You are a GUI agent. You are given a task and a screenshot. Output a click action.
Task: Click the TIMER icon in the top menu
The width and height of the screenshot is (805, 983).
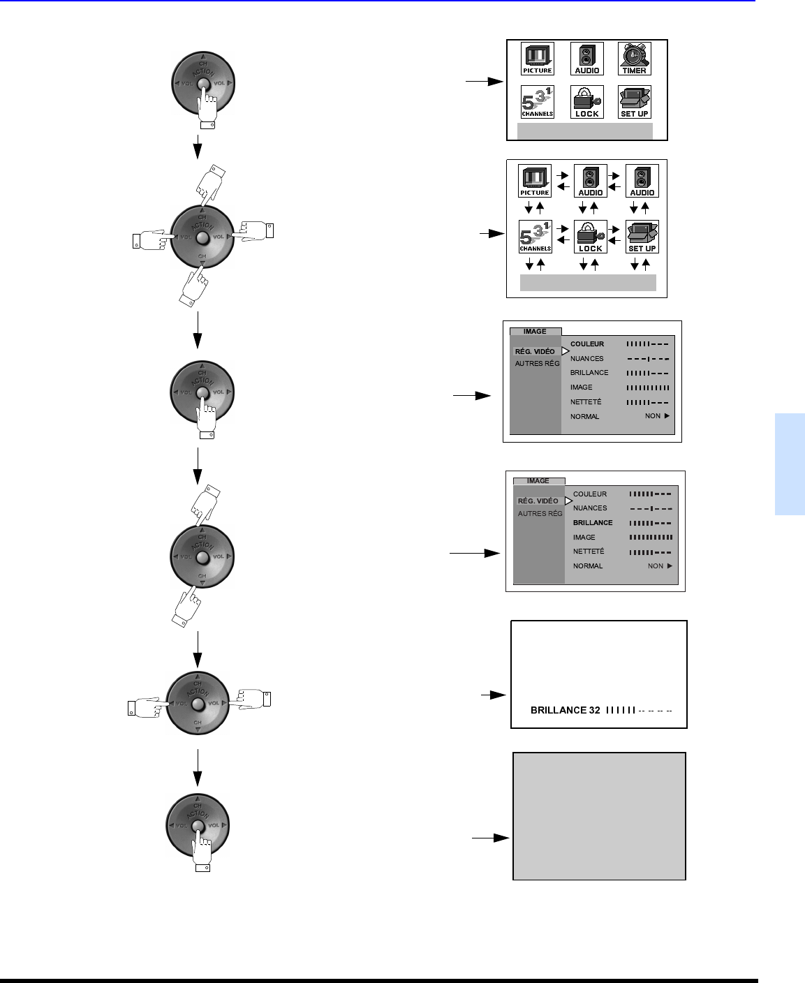[634, 59]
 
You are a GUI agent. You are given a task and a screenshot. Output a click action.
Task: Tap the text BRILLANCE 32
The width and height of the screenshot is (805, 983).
[565, 710]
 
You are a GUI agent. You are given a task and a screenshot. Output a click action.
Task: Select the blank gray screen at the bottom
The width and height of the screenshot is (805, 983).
[599, 815]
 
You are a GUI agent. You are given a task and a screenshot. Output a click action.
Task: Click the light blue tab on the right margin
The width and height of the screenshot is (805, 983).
[789, 464]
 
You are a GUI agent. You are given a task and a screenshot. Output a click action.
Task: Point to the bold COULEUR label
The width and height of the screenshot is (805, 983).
[587, 344]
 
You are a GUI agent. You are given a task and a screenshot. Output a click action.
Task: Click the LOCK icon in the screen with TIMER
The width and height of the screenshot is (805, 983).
[586, 102]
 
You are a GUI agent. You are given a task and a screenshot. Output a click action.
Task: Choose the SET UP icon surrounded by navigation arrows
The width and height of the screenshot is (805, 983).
[642, 237]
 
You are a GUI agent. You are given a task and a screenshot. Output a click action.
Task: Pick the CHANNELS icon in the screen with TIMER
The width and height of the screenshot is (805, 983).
[537, 102]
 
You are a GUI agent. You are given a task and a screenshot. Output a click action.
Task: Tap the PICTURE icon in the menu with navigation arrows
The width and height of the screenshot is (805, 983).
[535, 181]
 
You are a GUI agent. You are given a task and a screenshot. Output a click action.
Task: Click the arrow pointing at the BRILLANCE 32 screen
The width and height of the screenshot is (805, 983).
[493, 695]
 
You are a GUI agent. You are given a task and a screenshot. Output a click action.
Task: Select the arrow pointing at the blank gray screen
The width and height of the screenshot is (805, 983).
[490, 837]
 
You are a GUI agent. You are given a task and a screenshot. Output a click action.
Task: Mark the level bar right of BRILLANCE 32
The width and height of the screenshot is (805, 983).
[639, 711]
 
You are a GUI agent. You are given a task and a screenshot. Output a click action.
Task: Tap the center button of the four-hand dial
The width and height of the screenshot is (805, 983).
[202, 238]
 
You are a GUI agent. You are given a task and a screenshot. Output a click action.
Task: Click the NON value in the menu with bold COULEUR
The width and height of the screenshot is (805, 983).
[653, 416]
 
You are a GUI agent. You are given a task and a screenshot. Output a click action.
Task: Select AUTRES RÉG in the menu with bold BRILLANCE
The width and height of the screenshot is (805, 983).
[540, 514]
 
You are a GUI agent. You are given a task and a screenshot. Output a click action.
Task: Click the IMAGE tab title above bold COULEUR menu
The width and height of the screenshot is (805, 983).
[535, 332]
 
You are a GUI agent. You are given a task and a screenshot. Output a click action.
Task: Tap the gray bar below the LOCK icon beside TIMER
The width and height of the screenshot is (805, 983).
[584, 131]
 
